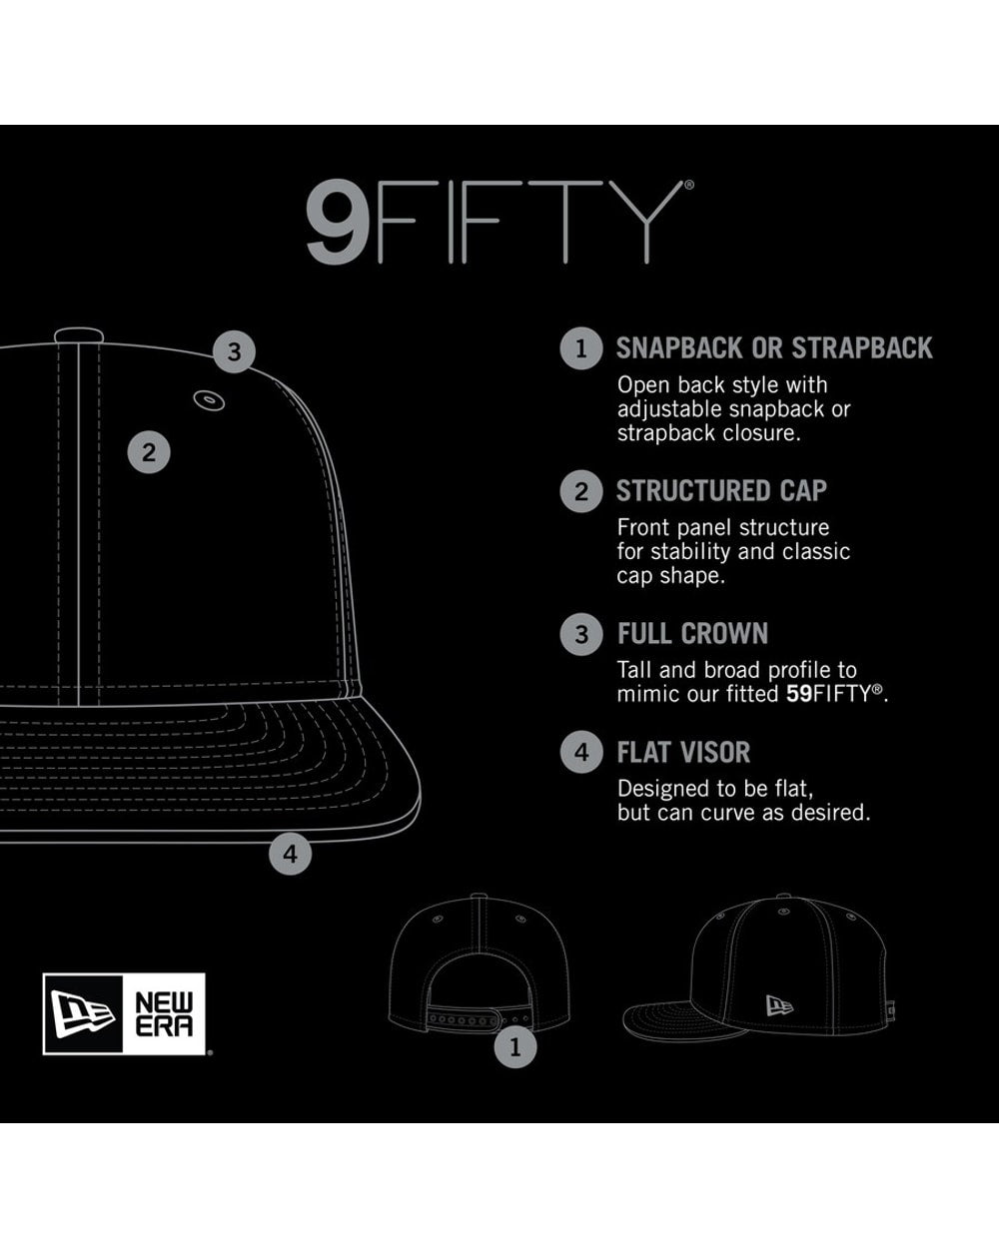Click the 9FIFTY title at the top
pos(499,221)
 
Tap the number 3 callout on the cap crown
pos(234,351)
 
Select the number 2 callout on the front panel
pos(149,452)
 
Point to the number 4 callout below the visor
pos(291,854)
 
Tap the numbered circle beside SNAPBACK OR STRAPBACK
pos(581,348)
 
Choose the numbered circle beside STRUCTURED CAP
pos(581,492)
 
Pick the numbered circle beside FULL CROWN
pos(581,634)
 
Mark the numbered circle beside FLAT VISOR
pos(581,753)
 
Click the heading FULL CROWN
pos(692,633)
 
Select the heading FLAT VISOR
pos(683,752)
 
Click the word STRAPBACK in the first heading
pos(862,348)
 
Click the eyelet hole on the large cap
pos(209,399)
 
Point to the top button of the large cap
pos(79,334)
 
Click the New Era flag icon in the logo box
pos(83,1013)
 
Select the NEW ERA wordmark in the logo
pos(164,1013)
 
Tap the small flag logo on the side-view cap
pos(779,1006)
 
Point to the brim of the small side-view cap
pos(685,1019)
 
